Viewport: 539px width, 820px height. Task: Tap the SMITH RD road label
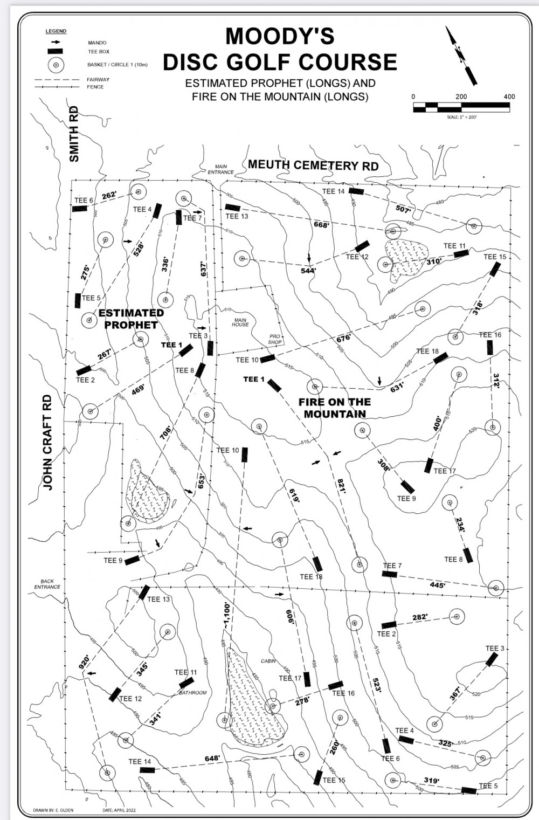(x=74, y=134)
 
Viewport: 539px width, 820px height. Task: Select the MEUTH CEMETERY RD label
(x=313, y=165)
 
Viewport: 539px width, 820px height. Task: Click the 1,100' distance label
(x=227, y=615)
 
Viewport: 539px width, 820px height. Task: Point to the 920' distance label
(x=85, y=661)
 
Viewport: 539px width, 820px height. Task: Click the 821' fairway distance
(x=341, y=486)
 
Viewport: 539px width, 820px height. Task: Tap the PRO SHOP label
(x=275, y=339)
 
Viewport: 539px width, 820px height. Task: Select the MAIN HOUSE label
(x=240, y=322)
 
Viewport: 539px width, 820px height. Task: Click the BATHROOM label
(x=192, y=692)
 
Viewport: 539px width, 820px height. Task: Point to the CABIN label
(x=268, y=661)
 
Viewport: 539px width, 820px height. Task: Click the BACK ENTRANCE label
(x=47, y=584)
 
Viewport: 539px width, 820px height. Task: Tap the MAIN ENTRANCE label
(x=221, y=169)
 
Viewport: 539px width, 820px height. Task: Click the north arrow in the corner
(x=461, y=56)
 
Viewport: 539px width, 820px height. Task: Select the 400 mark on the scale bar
(x=509, y=97)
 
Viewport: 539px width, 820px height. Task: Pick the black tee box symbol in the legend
(x=55, y=52)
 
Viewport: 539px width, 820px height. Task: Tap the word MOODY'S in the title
(x=280, y=37)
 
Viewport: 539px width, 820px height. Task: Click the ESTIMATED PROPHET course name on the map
(x=131, y=319)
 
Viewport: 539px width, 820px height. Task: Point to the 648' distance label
(x=212, y=759)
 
